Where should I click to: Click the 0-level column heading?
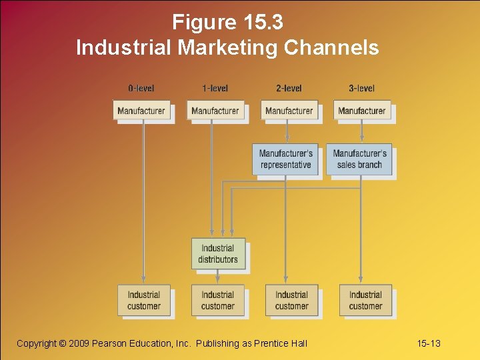point(141,88)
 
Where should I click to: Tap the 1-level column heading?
point(215,88)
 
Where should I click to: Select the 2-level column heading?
point(289,88)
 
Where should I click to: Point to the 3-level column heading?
point(361,88)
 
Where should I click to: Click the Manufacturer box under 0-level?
point(141,111)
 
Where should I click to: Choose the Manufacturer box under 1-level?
point(215,111)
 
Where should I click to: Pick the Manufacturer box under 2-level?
point(289,111)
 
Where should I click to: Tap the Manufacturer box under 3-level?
point(361,111)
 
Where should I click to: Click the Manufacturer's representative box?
point(285,159)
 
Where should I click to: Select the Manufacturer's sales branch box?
point(359,159)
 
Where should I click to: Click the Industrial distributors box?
point(218,254)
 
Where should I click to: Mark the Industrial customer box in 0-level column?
point(144,301)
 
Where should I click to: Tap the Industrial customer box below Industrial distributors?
point(218,301)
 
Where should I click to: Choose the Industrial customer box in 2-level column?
point(291,301)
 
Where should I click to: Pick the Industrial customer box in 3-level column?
point(365,301)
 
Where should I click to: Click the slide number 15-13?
point(429,343)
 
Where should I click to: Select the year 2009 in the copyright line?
point(81,343)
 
